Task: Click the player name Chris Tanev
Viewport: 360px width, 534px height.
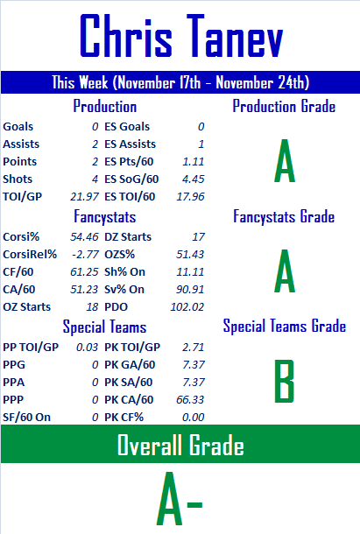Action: click(x=181, y=36)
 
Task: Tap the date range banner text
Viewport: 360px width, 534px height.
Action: click(x=180, y=82)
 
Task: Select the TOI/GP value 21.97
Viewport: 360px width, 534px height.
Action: click(x=85, y=196)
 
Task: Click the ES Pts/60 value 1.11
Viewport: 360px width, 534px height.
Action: click(x=194, y=161)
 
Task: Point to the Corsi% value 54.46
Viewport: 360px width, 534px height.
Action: click(x=84, y=236)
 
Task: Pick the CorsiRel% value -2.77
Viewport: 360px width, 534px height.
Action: click(x=85, y=255)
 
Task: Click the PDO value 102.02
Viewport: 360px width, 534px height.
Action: click(x=187, y=307)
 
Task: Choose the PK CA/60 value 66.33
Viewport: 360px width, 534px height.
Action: click(x=190, y=399)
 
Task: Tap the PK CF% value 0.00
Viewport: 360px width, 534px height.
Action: click(x=194, y=418)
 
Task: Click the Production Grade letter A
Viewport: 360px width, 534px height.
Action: click(x=285, y=161)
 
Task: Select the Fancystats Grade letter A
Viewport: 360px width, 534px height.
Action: click(x=285, y=271)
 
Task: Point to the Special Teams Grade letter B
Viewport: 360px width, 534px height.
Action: click(x=285, y=381)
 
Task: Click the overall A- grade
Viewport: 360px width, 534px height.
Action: click(x=180, y=498)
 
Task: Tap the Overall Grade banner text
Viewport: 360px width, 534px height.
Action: click(x=180, y=445)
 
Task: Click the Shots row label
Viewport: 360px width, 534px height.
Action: click(x=18, y=179)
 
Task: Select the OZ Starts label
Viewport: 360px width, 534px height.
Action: click(x=26, y=307)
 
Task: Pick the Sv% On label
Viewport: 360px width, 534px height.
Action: click(x=124, y=290)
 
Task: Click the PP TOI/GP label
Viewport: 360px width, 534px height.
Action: click(x=31, y=347)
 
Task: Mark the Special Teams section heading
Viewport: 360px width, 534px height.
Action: click(x=104, y=327)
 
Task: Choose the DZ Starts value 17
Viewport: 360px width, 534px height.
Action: click(x=198, y=236)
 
